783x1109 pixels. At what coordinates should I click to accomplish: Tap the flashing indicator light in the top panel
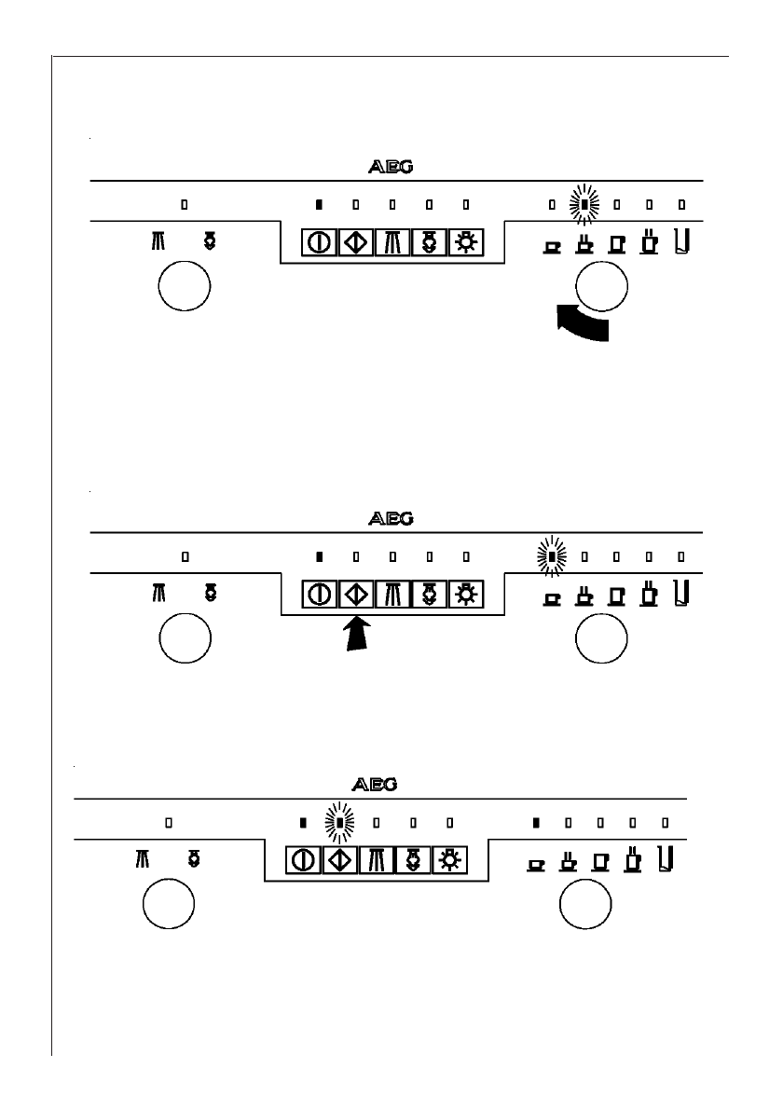point(584,203)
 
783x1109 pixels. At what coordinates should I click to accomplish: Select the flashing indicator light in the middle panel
point(552,557)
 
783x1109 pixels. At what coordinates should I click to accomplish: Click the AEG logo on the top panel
point(391,168)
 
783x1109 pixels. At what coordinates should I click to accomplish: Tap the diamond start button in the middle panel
point(356,594)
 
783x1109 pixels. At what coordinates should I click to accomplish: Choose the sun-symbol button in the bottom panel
point(448,859)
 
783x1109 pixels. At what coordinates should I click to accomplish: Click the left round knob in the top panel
point(185,288)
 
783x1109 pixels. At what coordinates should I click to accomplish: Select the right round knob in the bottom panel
point(585,906)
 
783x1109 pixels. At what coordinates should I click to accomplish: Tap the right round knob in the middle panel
point(601,641)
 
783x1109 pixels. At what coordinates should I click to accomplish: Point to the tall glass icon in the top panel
point(681,241)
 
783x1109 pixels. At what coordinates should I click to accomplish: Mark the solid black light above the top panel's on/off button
point(319,203)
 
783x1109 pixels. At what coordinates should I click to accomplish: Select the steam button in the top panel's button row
point(429,243)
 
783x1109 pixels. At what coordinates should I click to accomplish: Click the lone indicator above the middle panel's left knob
point(185,557)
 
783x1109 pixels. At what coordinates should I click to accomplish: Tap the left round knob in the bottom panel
point(168,906)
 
